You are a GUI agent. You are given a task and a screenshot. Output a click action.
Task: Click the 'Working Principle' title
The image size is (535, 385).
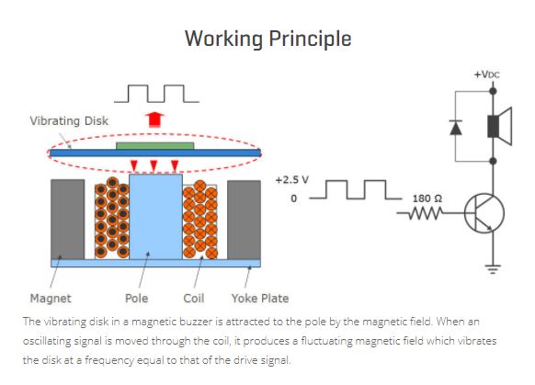[x=267, y=39]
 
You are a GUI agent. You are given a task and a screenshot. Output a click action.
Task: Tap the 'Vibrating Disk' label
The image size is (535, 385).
[x=69, y=120]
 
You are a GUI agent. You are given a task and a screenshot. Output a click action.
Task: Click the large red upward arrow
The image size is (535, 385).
[x=154, y=119]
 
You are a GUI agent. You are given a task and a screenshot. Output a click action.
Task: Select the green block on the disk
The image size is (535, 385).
[x=155, y=146]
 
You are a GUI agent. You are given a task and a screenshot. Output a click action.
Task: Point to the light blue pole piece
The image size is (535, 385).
[x=155, y=217]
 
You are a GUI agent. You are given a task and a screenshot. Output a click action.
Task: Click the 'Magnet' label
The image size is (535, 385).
[x=51, y=299]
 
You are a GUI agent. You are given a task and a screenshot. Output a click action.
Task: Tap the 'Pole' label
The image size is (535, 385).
[x=136, y=299]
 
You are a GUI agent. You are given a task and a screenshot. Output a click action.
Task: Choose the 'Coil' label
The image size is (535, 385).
[x=193, y=299]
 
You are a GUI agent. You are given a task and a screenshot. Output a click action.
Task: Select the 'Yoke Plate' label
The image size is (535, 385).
[x=260, y=299]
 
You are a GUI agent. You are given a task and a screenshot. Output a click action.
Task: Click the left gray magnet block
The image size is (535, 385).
[x=67, y=220]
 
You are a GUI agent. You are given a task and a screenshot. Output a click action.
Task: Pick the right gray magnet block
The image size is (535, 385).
[x=244, y=220]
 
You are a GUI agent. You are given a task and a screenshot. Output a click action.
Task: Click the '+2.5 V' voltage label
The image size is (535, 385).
[x=292, y=180]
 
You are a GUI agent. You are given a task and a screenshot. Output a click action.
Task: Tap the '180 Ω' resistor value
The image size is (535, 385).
[x=427, y=198]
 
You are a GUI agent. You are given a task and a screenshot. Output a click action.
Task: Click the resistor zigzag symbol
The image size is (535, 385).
[x=425, y=213]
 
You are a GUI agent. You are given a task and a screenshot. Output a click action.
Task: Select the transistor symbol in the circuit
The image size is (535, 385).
[x=484, y=213]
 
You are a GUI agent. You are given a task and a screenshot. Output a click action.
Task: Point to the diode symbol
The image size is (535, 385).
[x=456, y=128]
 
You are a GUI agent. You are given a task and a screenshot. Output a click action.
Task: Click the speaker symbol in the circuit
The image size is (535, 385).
[x=500, y=126]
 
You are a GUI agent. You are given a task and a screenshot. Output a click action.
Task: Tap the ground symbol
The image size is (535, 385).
[x=493, y=269]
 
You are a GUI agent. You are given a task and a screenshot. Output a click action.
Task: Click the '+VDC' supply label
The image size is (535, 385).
[x=487, y=74]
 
